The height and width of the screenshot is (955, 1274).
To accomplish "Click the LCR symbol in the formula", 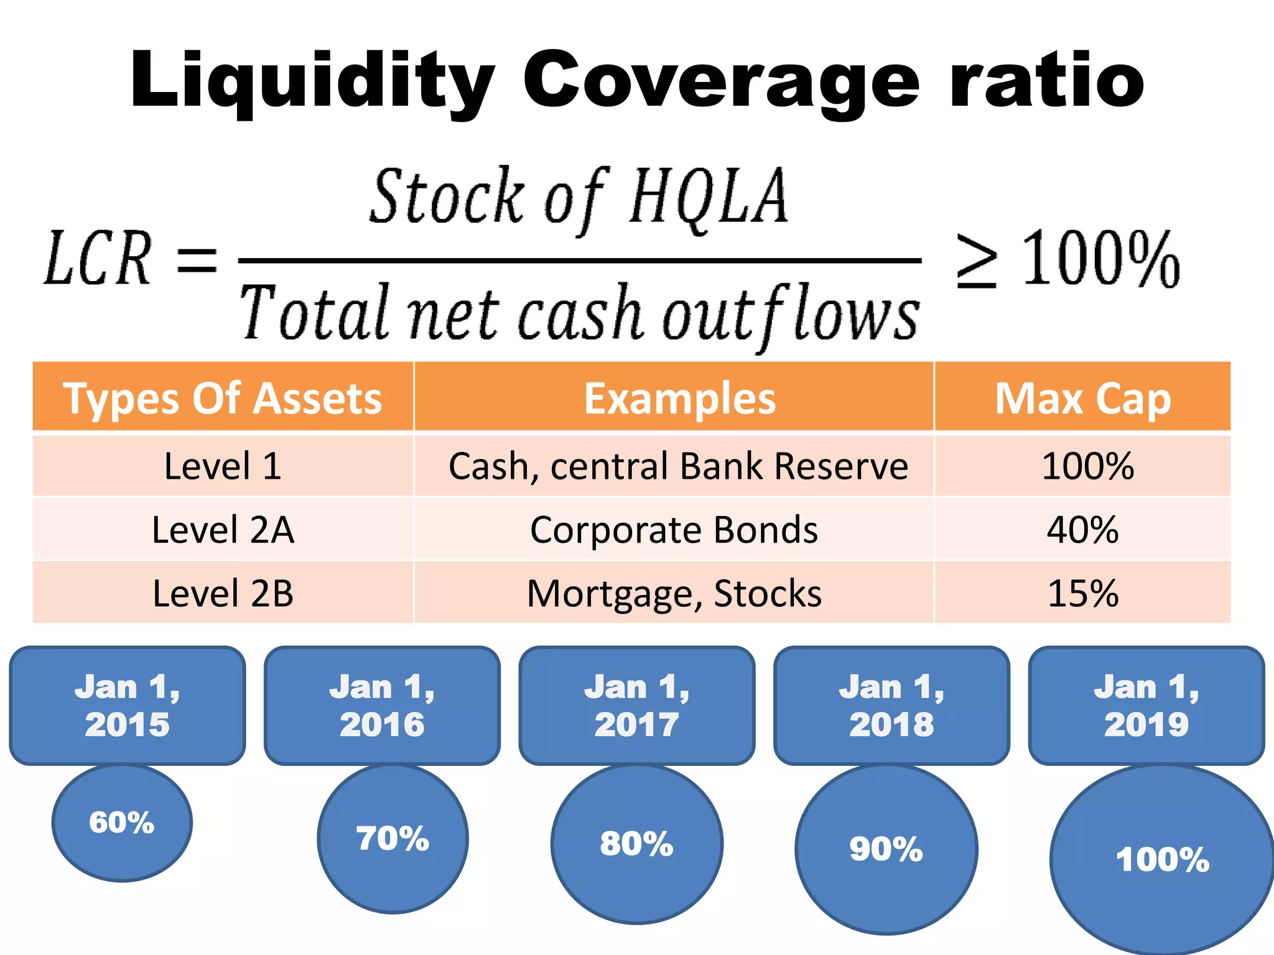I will point(98,258).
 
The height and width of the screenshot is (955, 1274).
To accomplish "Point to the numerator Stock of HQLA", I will point(579,198).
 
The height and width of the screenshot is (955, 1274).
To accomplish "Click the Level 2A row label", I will point(223,530).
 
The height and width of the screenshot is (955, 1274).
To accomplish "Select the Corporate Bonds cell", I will point(674,530).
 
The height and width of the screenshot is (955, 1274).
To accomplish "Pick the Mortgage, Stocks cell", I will point(674,593).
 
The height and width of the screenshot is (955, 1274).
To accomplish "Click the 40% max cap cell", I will point(1082,530).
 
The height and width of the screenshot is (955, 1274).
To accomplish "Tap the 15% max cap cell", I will point(1082,593).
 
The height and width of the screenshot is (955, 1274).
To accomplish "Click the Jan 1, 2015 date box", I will point(128,706).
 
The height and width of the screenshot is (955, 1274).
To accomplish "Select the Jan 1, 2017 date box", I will point(637,706).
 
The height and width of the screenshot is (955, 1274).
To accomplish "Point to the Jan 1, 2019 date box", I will point(1146,706).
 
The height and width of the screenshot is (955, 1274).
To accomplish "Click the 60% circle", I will point(122,823).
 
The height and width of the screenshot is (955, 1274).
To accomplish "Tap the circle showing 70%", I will point(393,839).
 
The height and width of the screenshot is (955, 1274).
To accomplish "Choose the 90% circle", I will point(886,849).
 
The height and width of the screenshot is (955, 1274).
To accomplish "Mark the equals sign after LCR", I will point(197,260).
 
